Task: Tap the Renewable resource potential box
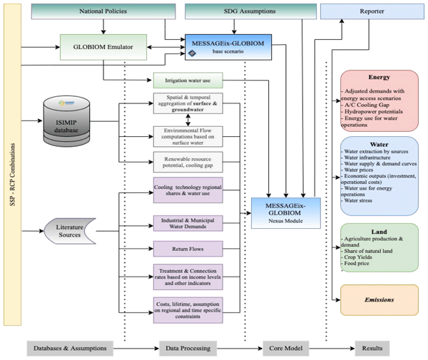pos(188,161)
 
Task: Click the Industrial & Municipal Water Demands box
pos(188,224)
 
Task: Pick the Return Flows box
pos(188,250)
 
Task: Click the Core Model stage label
pos(281,349)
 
